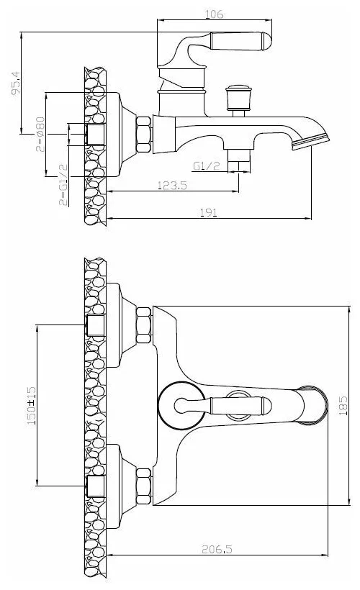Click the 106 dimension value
215,14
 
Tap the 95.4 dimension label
16,83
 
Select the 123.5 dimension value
172,185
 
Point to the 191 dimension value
208,212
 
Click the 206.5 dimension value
217,550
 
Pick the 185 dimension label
343,405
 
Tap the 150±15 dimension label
32,406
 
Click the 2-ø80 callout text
40,135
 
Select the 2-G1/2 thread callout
63,185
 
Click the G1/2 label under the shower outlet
206,166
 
